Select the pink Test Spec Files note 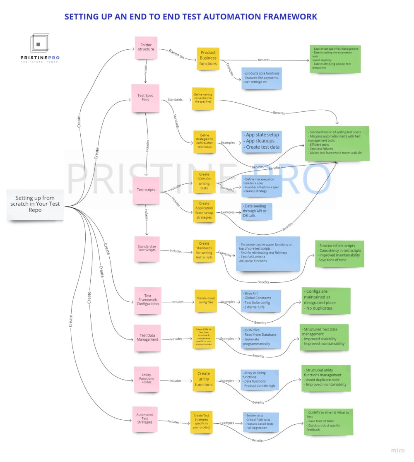coord(145,98)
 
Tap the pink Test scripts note coord(146,190)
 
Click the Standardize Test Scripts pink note coord(147,248)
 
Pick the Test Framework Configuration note coord(148,300)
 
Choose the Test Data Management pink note coord(148,337)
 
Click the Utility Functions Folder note coord(146,379)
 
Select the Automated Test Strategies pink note coord(145,419)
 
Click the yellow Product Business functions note coord(208,58)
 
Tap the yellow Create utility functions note coord(204,379)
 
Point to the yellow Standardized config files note coord(206,301)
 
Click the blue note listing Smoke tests coord(260,422)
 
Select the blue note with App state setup coord(261,141)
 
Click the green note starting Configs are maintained coord(325,300)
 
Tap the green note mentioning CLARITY coord(328,421)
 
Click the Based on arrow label coord(176,54)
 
